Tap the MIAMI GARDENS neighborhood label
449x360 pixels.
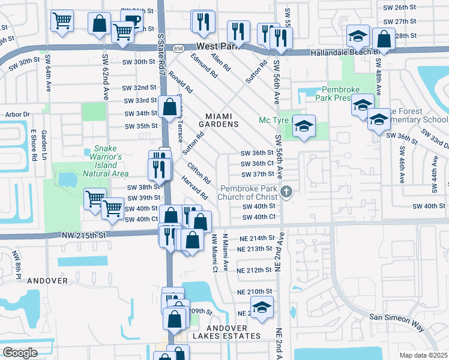pos(222,120)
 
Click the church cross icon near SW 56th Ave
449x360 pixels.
pos(287,192)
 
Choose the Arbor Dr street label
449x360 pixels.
pos(17,114)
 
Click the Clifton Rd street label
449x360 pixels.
pos(199,173)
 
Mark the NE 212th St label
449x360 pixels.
pos(255,270)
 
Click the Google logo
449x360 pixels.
pos(20,352)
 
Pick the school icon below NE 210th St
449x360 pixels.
pos(262,307)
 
